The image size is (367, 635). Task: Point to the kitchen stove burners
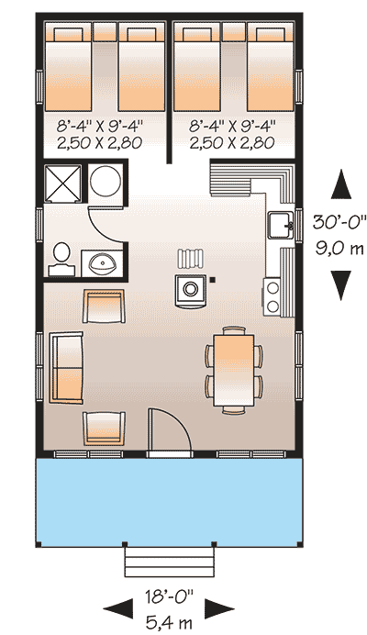coord(274,295)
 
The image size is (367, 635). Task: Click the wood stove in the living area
coord(191,287)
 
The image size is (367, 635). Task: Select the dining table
coord(233,369)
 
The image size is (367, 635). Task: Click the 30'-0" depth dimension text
coord(340,220)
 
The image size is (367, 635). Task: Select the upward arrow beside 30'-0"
coord(340,184)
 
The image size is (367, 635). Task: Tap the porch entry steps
coord(171,559)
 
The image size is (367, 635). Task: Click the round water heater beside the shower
coord(106,182)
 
